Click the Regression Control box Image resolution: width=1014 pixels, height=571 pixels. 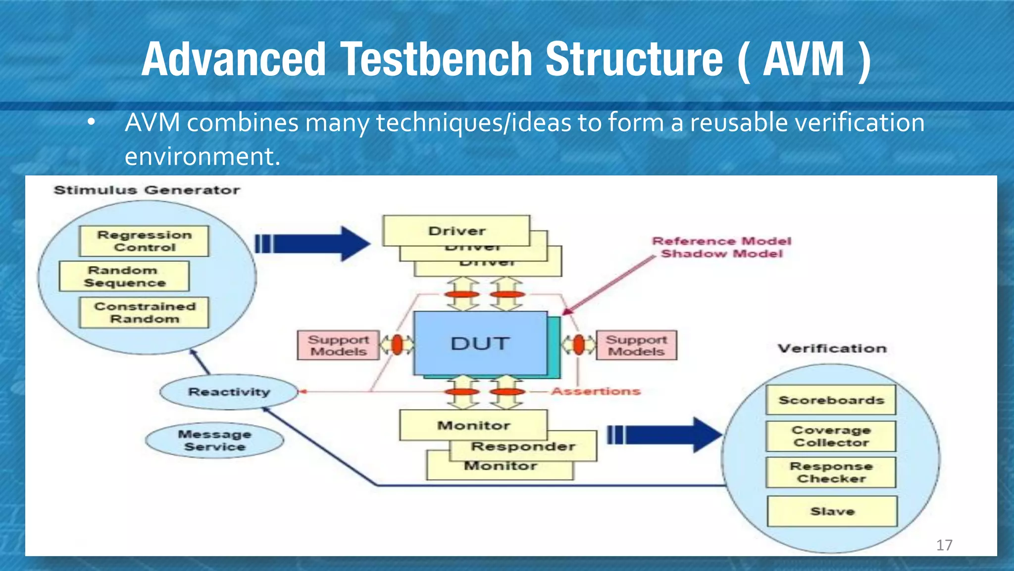pyautogui.click(x=144, y=241)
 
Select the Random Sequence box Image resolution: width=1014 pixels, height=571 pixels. pyautogui.click(x=124, y=276)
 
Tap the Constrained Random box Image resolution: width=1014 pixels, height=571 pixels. pyautogui.click(x=144, y=312)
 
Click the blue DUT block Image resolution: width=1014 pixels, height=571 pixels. pyautogui.click(x=480, y=343)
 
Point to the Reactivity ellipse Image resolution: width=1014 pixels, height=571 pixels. pyautogui.click(x=229, y=392)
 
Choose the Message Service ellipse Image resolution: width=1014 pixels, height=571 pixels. pyautogui.click(x=214, y=440)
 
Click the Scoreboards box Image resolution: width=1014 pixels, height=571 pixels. pyautogui.click(x=831, y=400)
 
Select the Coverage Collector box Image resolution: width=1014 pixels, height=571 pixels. pyautogui.click(x=831, y=436)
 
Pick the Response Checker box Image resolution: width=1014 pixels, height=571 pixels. pyautogui.click(x=831, y=472)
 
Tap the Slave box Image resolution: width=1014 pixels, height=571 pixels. pyautogui.click(x=832, y=511)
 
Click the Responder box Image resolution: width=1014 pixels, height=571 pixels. pyautogui.click(x=523, y=447)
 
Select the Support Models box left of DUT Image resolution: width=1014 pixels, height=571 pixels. pyautogui.click(x=338, y=345)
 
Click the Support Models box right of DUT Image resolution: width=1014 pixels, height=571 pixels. pyautogui.click(x=636, y=345)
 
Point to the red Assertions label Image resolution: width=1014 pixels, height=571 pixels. pyautogui.click(x=596, y=391)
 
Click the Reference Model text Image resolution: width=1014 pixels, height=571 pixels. pyautogui.click(x=721, y=241)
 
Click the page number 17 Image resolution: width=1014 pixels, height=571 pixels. pyautogui.click(x=944, y=545)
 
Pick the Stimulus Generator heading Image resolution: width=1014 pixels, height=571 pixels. pyautogui.click(x=147, y=190)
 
